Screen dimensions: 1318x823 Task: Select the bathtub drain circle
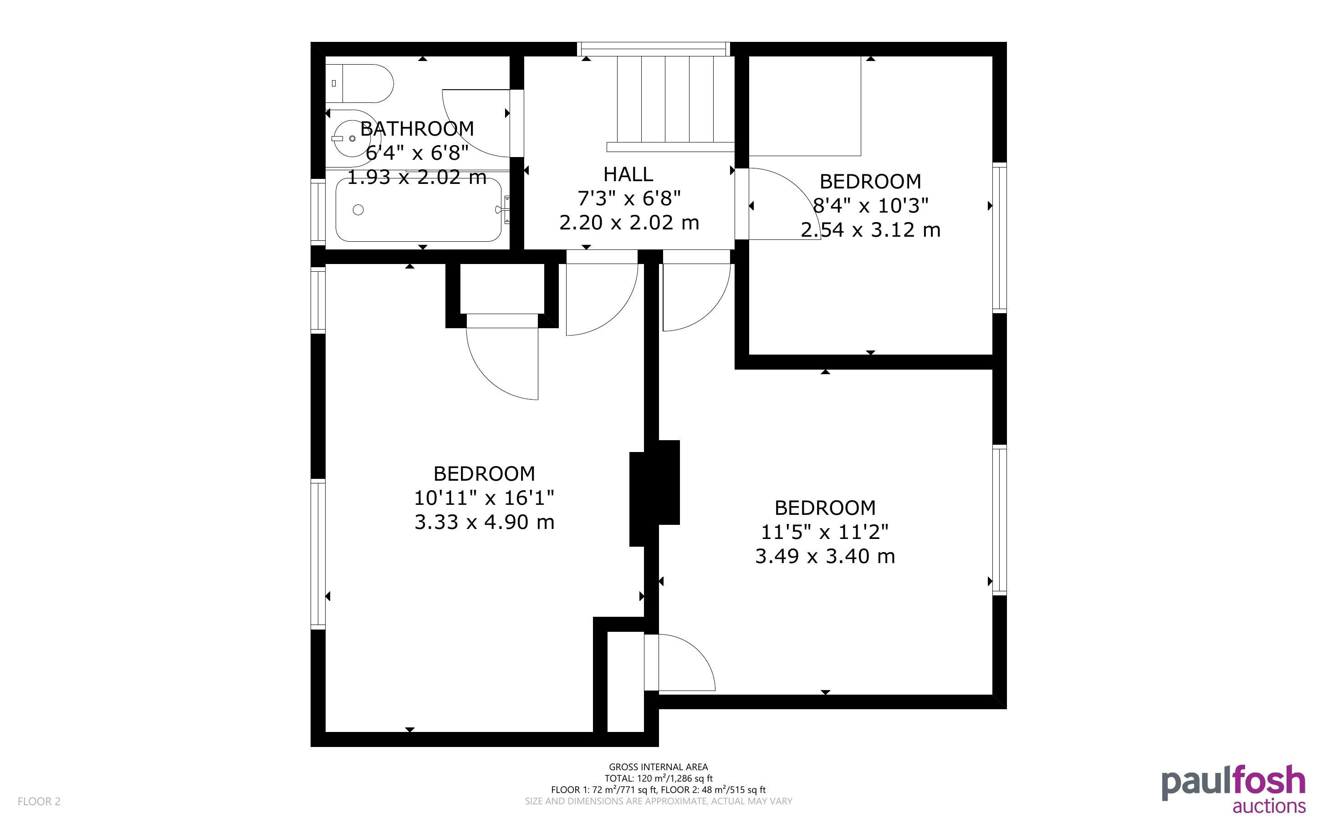(358, 209)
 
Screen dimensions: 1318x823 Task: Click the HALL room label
(628, 174)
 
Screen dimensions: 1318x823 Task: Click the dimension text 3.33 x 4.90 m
(485, 522)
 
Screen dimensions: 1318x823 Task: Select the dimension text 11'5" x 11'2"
(825, 531)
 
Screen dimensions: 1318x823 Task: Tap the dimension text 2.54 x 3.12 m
(870, 230)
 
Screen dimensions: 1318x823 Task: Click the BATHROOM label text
(417, 128)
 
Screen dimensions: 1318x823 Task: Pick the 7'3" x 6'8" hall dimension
(629, 198)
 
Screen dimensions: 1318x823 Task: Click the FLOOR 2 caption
(39, 801)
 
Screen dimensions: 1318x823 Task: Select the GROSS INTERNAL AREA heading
(658, 767)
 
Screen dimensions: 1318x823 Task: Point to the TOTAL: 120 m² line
(658, 778)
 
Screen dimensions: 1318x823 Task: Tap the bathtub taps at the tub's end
(504, 209)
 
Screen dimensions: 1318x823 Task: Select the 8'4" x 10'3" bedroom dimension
(870, 205)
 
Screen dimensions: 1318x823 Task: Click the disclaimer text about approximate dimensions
(658, 801)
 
